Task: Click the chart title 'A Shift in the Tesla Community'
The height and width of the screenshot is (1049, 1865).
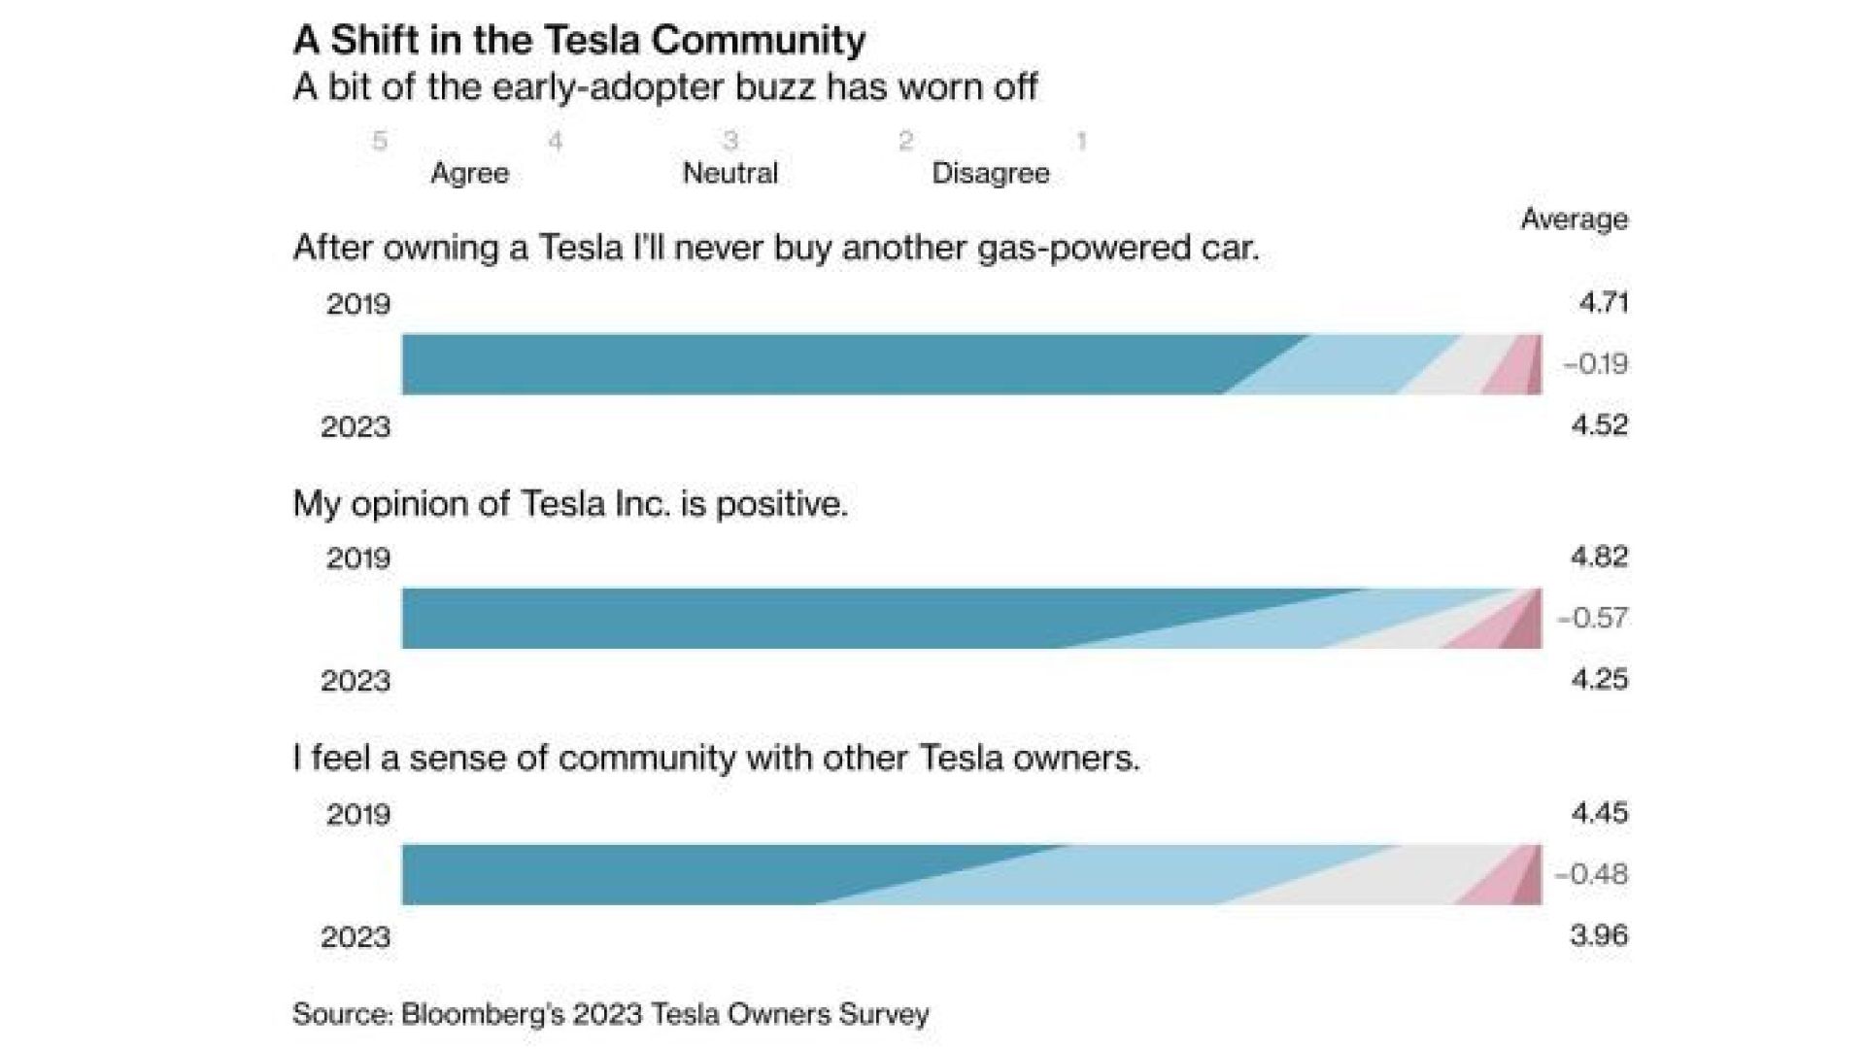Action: click(x=579, y=41)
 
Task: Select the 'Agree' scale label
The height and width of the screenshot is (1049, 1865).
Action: click(x=470, y=174)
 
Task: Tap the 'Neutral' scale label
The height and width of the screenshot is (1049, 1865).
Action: click(x=730, y=173)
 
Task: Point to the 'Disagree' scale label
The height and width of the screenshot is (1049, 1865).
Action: click(x=991, y=174)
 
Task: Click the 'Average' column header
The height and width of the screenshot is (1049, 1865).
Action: click(x=1575, y=220)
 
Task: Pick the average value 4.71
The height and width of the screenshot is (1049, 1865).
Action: click(x=1603, y=303)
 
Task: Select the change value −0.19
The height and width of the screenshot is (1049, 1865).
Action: click(x=1595, y=364)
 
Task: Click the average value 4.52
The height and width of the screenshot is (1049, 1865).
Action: click(x=1600, y=425)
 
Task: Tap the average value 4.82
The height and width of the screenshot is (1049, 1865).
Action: click(x=1600, y=557)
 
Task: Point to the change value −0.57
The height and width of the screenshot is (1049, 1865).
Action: click(x=1593, y=618)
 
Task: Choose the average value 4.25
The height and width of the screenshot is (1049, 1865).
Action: click(x=1600, y=679)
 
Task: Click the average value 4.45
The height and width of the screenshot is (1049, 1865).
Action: click(x=1600, y=812)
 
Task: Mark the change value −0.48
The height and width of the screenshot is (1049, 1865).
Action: click(x=1592, y=874)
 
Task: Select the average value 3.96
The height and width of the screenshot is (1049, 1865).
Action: click(x=1599, y=935)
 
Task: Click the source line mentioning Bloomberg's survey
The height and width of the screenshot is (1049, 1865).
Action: click(x=611, y=1015)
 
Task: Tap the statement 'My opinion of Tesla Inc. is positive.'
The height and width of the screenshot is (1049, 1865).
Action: click(x=570, y=504)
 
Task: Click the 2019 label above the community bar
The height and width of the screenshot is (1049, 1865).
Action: click(x=358, y=814)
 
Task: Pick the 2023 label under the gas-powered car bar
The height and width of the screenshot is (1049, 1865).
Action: click(x=356, y=426)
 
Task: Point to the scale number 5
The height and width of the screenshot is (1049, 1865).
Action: click(x=380, y=141)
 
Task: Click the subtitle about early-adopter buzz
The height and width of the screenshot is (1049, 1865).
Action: click(x=665, y=87)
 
